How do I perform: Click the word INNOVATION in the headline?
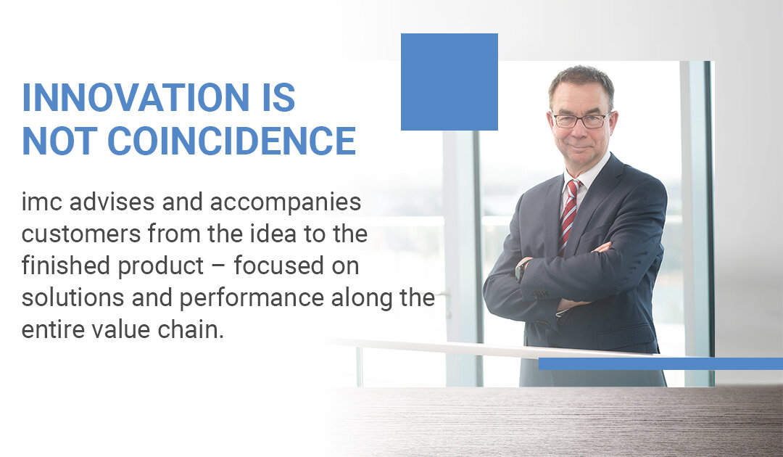point(136,97)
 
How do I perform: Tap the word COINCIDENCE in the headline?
point(232,141)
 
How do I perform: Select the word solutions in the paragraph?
point(73,297)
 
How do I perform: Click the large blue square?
point(449,82)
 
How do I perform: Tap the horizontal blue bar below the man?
point(660,363)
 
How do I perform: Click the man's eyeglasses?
point(580,121)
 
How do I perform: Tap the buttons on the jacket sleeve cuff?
point(539,295)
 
